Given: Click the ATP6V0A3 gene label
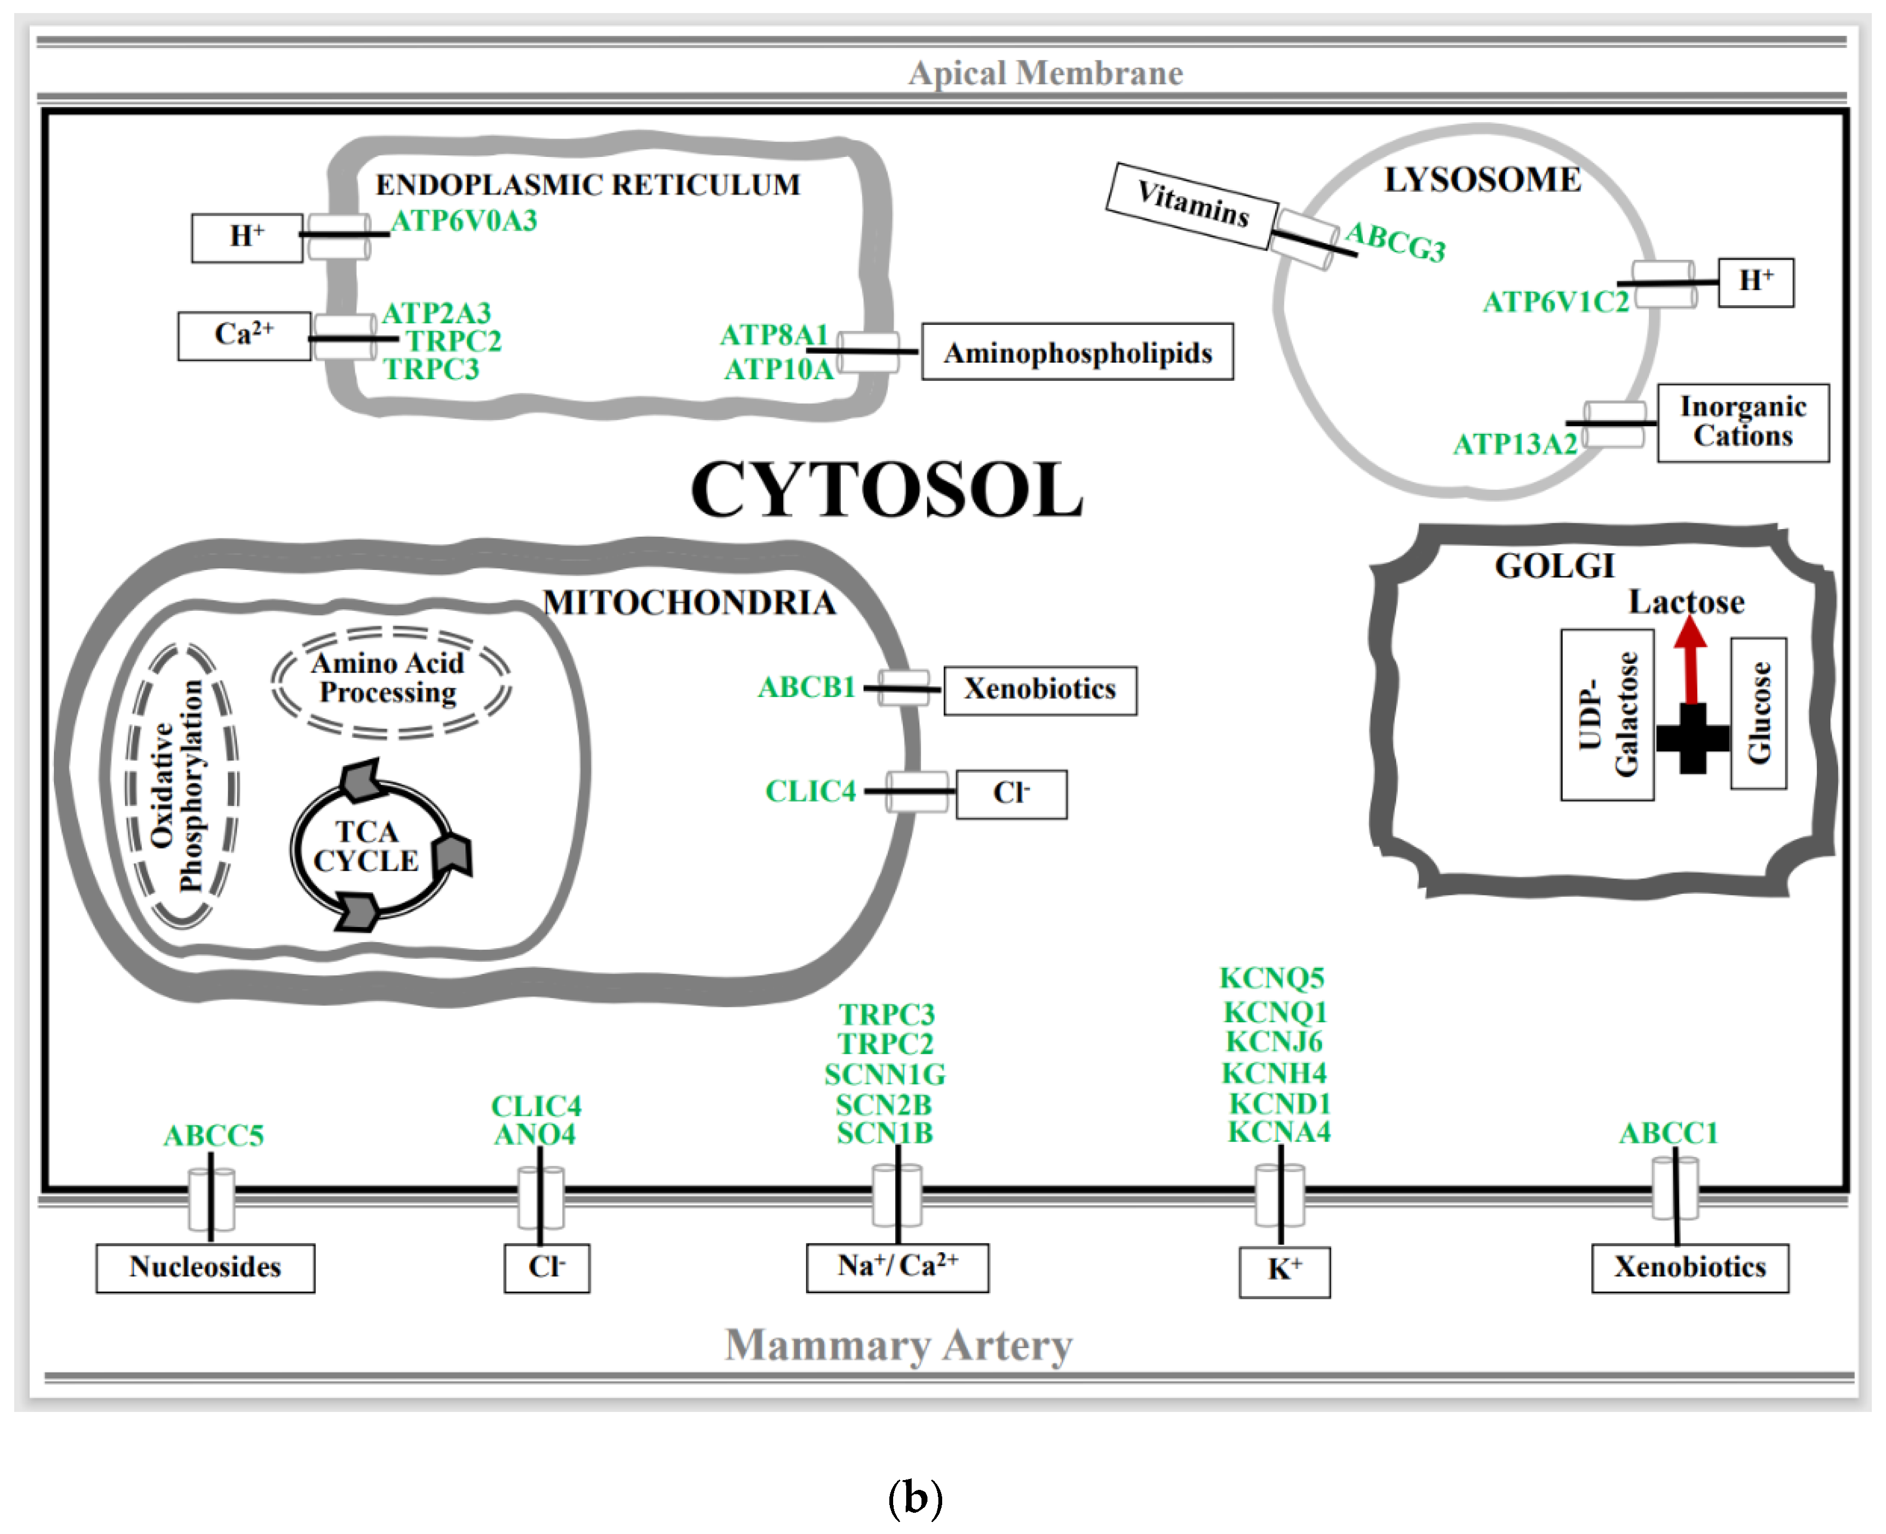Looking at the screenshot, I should click(x=464, y=221).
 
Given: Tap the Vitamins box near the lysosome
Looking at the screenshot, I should click(x=1192, y=205).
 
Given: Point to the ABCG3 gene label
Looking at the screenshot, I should click(x=1396, y=241).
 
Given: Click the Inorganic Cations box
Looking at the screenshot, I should click(x=1742, y=422).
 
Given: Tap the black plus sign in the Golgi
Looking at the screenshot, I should click(x=1691, y=738).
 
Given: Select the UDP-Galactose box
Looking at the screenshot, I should click(x=1607, y=714).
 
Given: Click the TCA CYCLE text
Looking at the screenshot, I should click(x=366, y=846).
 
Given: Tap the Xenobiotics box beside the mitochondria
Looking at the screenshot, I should click(x=1040, y=689).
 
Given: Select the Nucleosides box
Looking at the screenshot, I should click(x=205, y=1267).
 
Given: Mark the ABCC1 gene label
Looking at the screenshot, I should click(x=1669, y=1133).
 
